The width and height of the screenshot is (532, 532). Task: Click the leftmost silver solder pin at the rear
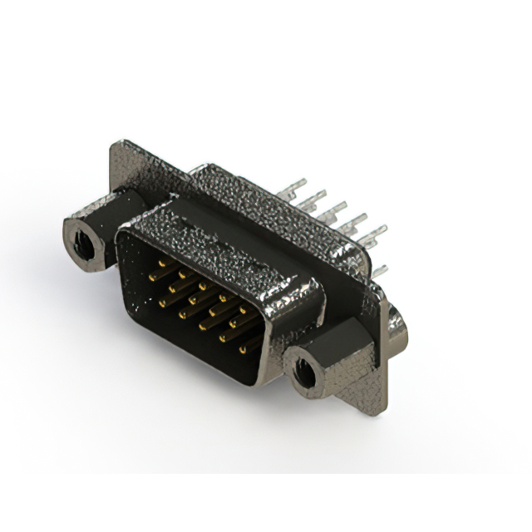(301, 183)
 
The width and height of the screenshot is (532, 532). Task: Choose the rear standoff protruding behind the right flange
(397, 328)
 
